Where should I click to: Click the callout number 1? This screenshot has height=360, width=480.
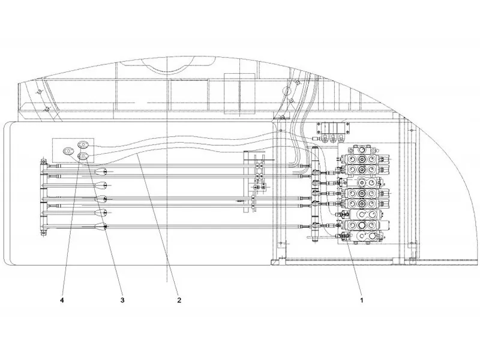click(362, 300)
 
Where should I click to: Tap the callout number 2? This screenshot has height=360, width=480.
click(179, 300)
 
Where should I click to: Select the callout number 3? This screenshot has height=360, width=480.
click(122, 300)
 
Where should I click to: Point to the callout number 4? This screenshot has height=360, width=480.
click(62, 300)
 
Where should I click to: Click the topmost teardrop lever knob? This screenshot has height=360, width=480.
click(101, 172)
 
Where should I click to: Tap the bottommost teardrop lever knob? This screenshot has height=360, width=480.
click(101, 227)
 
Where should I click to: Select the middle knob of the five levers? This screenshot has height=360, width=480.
click(101, 199)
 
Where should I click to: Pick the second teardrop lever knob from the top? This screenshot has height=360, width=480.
click(101, 185)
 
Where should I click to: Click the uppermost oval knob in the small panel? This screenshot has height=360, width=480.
click(83, 144)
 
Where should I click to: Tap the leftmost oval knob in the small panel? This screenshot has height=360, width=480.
click(68, 151)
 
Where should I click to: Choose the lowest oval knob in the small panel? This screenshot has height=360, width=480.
click(83, 156)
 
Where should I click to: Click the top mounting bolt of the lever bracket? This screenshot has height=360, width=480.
click(43, 161)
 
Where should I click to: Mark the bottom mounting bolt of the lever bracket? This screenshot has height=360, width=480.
click(43, 233)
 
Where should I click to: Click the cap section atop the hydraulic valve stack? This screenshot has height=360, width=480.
click(362, 150)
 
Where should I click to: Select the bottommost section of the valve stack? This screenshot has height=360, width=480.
click(364, 236)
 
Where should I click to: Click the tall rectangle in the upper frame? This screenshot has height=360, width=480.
click(239, 94)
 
